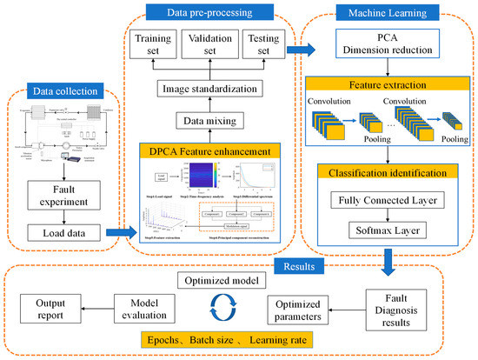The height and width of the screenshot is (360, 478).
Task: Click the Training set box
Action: [151, 43]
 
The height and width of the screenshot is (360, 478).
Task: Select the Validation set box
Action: [209, 43]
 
